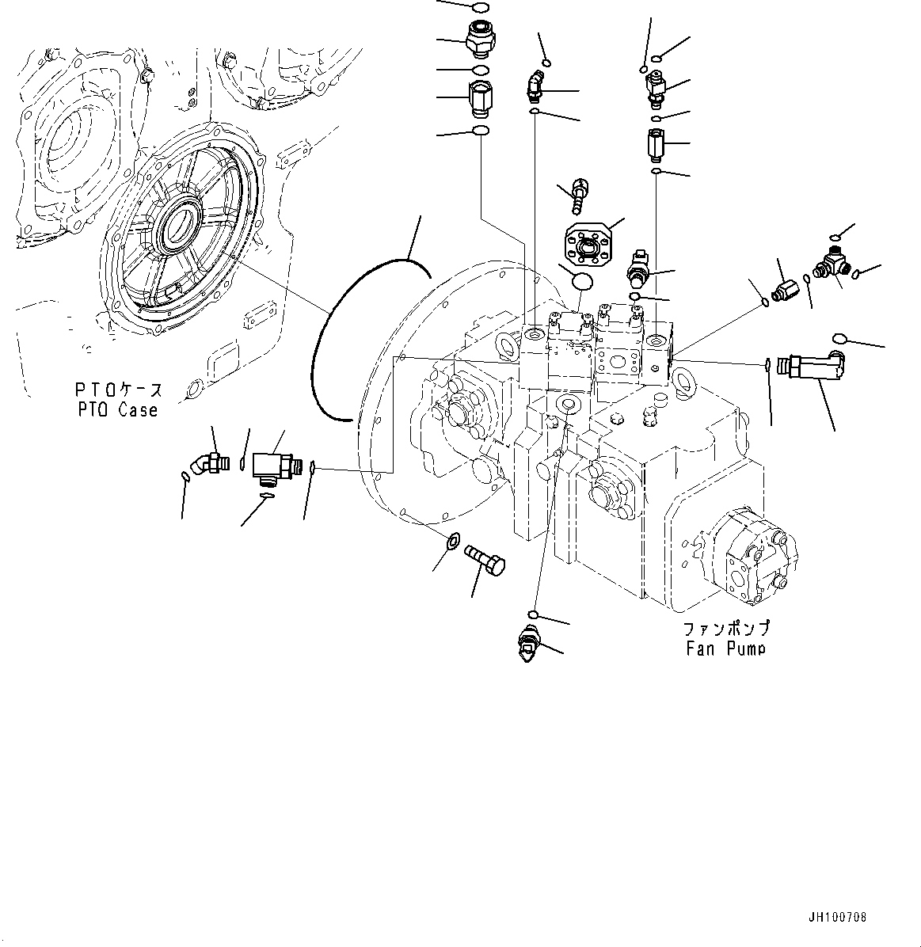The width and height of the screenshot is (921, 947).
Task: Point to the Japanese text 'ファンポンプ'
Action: coord(726,629)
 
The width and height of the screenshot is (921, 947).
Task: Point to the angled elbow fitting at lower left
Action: coord(208,462)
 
